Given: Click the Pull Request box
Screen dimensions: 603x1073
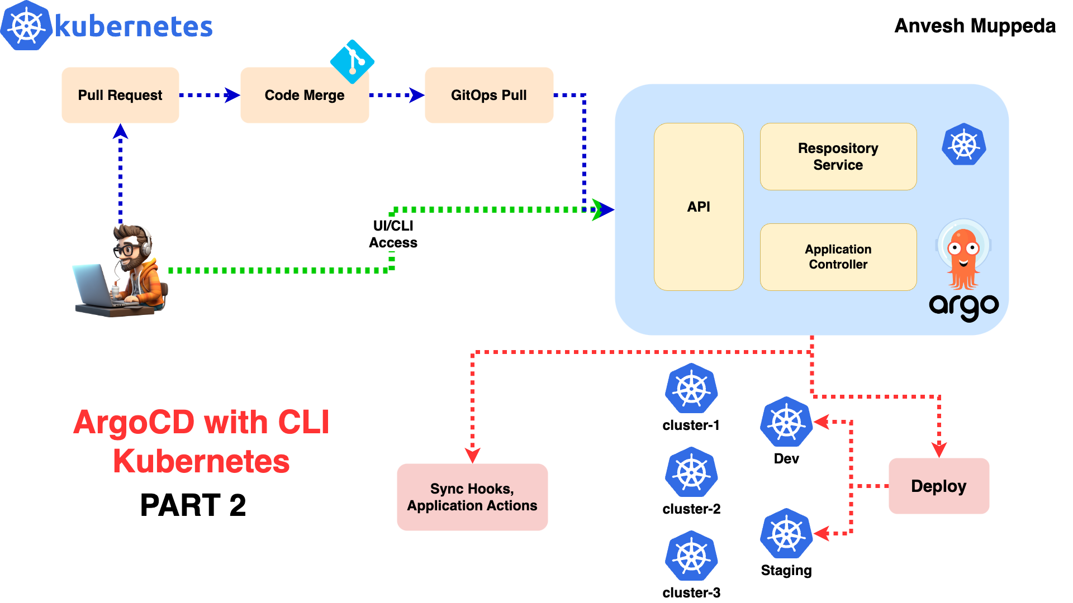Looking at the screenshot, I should coord(120,95).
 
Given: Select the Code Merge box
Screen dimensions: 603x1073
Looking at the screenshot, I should coord(305,95).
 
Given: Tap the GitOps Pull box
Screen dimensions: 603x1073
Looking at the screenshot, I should coord(489,95).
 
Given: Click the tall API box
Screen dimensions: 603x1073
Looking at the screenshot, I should coord(699,207).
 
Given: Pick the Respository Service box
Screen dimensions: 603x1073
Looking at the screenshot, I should coord(838,156).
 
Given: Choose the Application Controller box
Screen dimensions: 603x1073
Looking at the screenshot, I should coord(838,257).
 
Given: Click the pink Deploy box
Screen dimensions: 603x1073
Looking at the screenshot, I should coord(939,486).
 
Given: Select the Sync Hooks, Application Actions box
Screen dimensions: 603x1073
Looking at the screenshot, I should coord(472,497).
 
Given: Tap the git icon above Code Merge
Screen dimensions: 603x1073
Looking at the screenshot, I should coord(352,61).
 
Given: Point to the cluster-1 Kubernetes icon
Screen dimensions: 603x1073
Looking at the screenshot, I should coord(691,389).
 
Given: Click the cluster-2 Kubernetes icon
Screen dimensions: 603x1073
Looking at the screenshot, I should coord(691,472).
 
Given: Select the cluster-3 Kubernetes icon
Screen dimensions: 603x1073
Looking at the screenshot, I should coord(691,556).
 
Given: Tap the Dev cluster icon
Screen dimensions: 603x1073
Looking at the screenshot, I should coord(786,422).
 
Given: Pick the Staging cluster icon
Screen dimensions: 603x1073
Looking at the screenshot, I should coord(786,534).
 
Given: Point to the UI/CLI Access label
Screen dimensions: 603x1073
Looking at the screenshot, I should coord(393,234).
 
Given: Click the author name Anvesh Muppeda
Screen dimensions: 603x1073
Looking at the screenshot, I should coord(975,26).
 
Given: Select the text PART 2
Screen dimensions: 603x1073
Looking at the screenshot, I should coord(193,505).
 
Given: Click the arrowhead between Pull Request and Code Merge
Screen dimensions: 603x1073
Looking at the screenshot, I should coord(232,95).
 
